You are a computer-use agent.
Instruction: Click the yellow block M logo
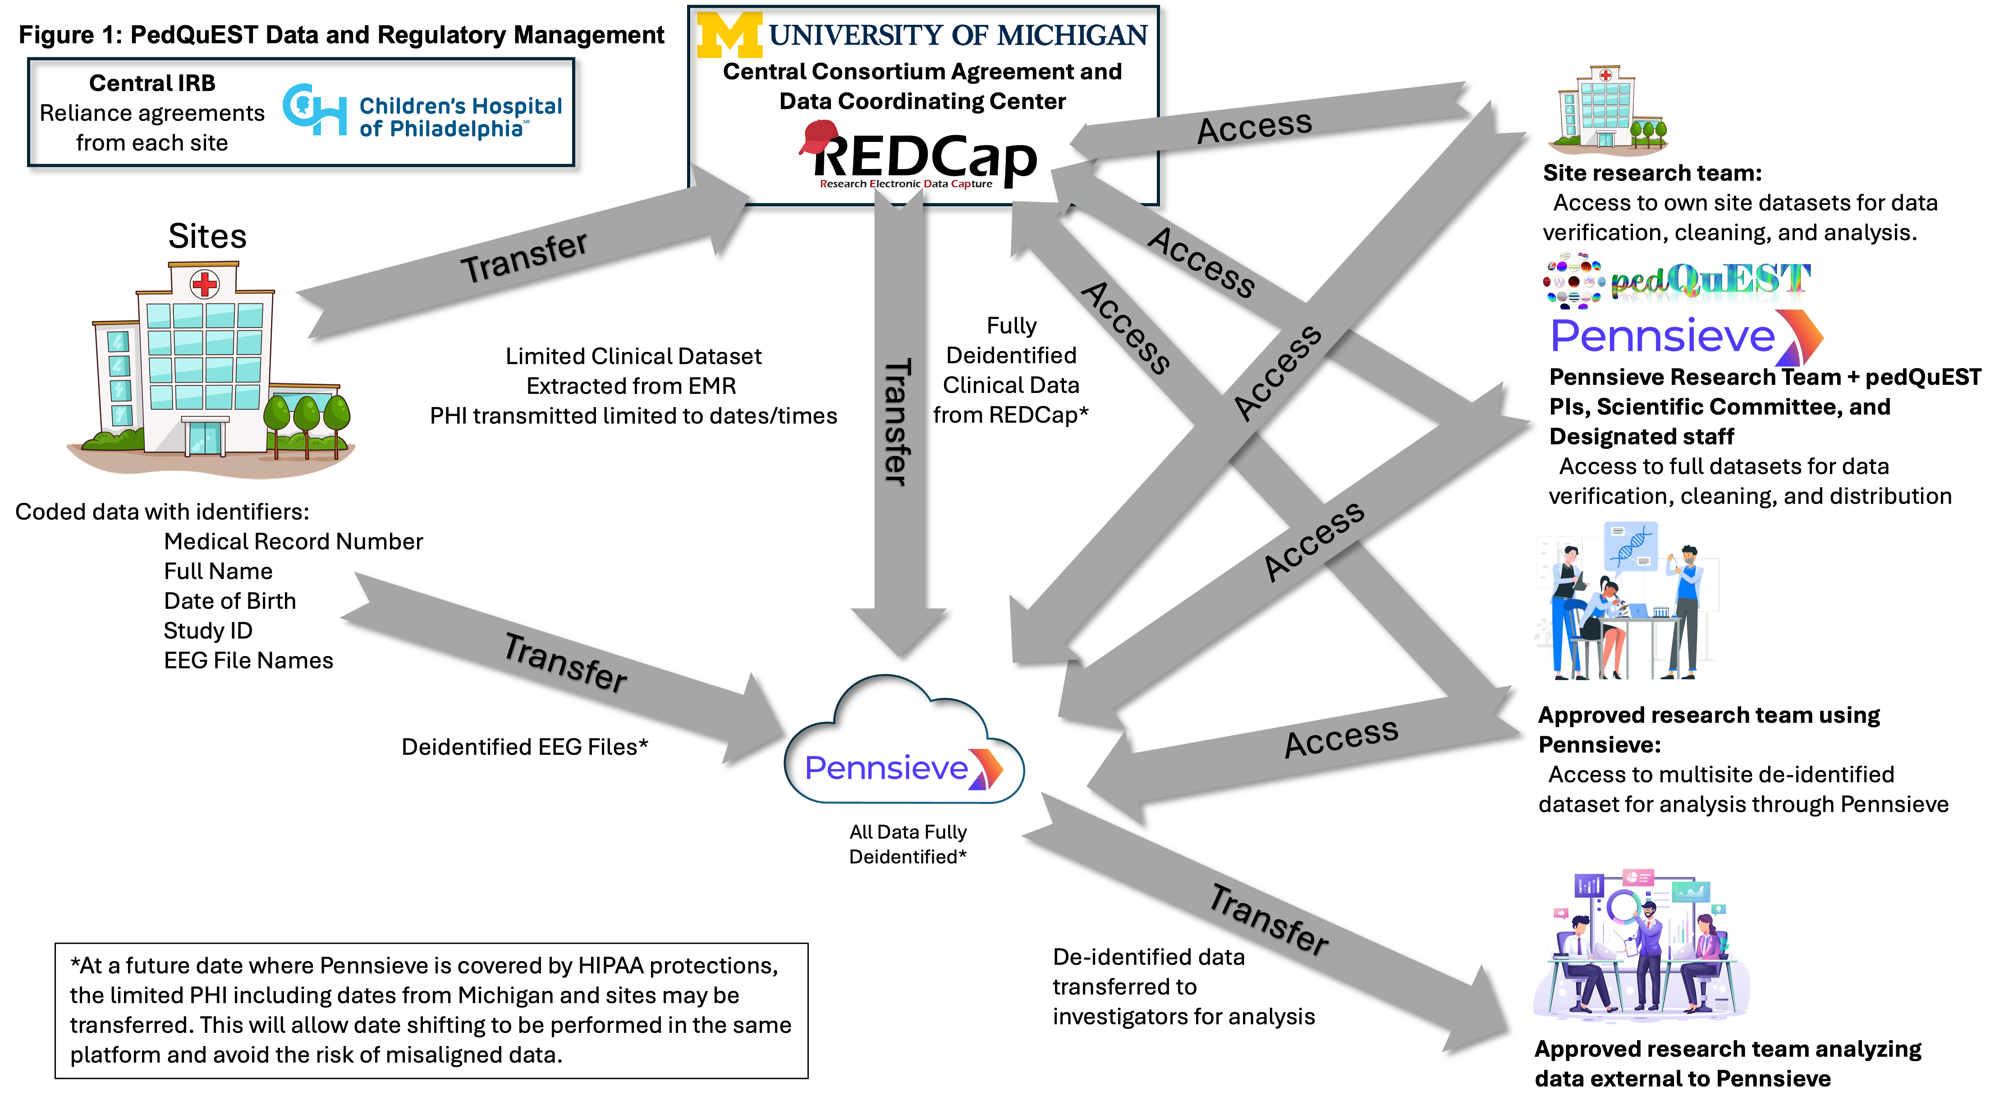[x=729, y=36]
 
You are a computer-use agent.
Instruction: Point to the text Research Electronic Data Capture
[x=906, y=184]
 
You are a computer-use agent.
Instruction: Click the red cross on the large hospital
[x=205, y=284]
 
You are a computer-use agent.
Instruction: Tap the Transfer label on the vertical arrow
[x=897, y=422]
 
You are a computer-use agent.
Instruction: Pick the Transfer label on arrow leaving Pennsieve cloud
[x=1269, y=920]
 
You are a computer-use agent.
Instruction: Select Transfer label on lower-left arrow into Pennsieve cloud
[x=565, y=662]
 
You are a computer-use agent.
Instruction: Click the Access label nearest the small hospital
[x=1254, y=127]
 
